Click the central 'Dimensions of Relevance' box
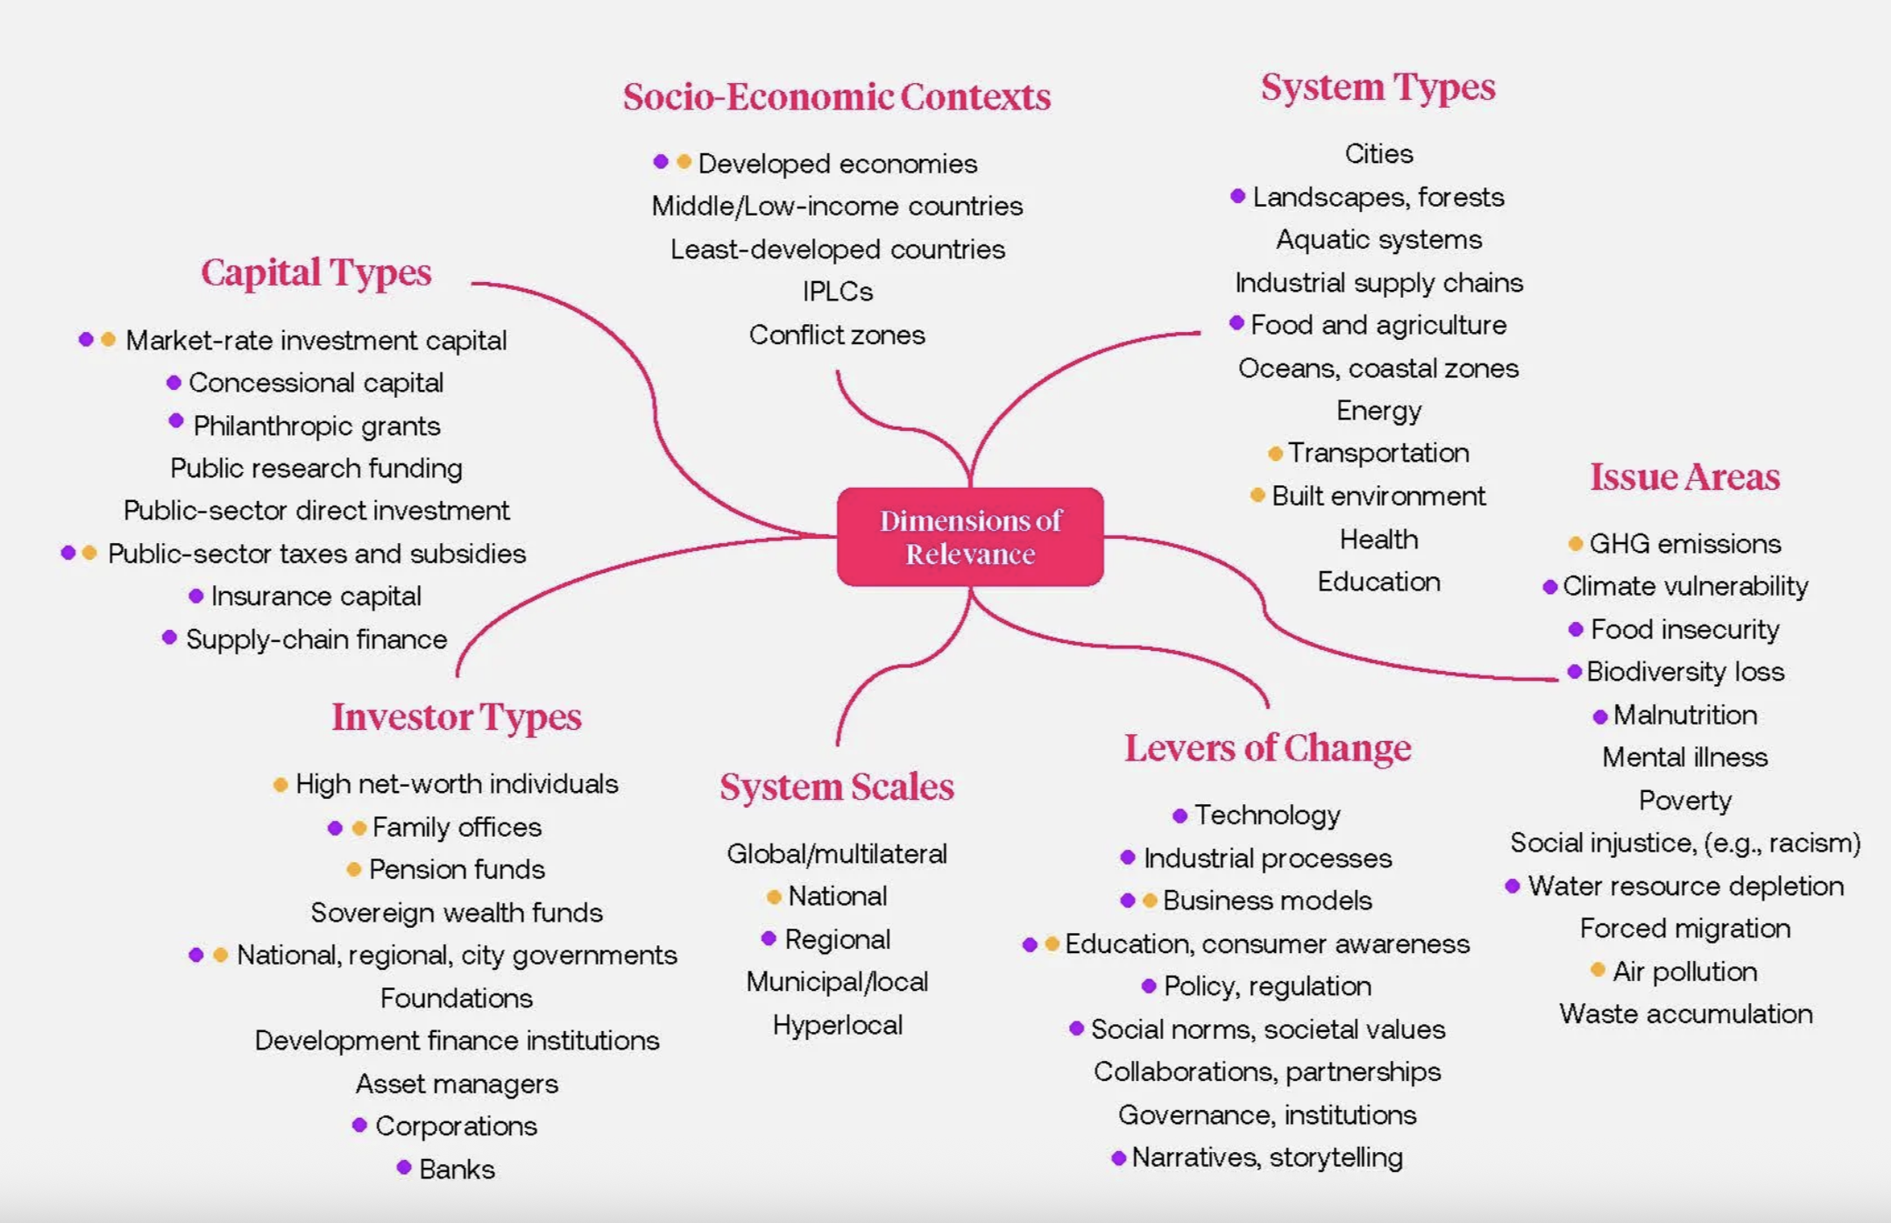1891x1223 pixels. (x=970, y=537)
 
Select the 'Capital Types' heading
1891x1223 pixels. (x=316, y=272)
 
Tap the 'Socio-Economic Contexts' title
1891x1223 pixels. (x=837, y=96)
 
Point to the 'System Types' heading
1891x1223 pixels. (x=1378, y=87)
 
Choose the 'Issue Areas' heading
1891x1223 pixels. (x=1684, y=477)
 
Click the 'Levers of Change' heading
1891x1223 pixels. (x=1267, y=748)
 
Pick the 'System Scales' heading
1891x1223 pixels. (x=837, y=787)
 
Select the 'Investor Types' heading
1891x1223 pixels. (x=456, y=717)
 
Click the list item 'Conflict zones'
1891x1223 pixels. (x=837, y=335)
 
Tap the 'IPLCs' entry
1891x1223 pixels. (x=837, y=291)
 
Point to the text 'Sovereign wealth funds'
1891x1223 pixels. (x=457, y=912)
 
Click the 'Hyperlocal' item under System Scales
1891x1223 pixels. (x=837, y=1024)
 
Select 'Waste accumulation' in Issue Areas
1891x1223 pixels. (x=1685, y=1014)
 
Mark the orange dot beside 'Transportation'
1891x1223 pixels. (x=1275, y=453)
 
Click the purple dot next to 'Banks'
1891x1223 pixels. (x=404, y=1167)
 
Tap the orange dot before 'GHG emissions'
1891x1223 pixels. (x=1575, y=544)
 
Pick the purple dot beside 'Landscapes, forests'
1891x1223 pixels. (x=1237, y=196)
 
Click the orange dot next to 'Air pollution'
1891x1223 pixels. (x=1597, y=970)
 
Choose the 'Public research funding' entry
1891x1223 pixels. (x=316, y=468)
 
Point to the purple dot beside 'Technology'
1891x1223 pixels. (x=1179, y=816)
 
